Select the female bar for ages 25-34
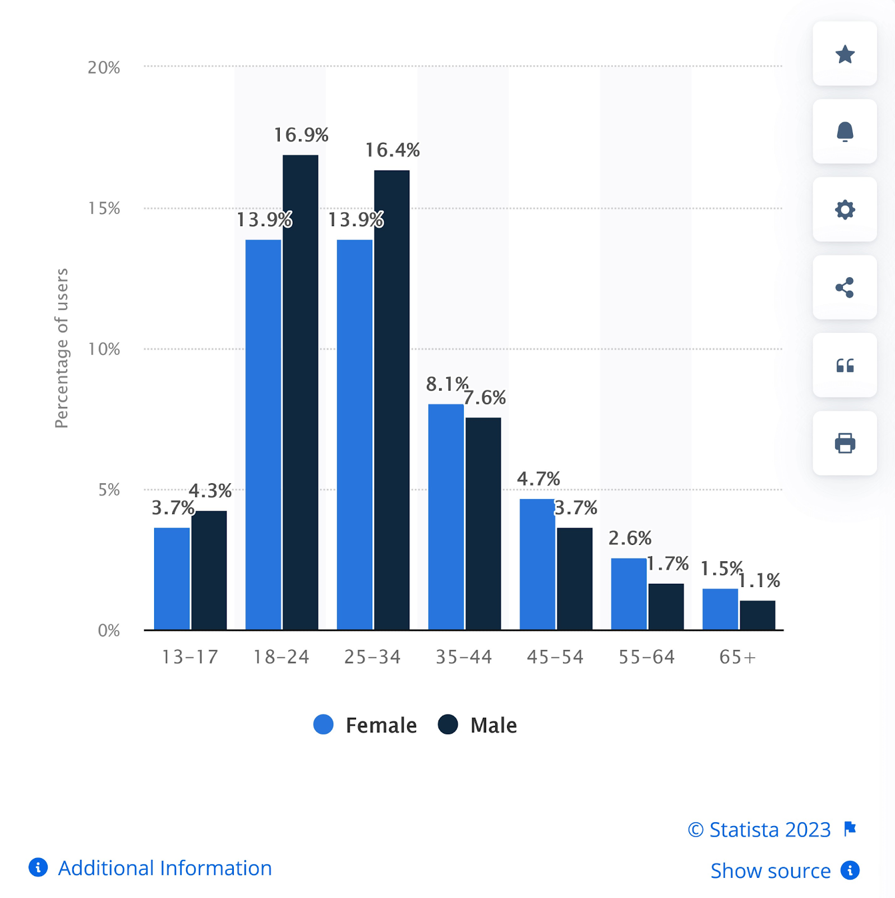tap(354, 434)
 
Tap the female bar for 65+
tap(720, 609)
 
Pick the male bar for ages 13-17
tap(209, 570)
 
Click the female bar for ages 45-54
tap(537, 564)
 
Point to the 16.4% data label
tap(393, 150)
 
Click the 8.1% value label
tap(447, 384)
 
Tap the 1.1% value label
tap(759, 580)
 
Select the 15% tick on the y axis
tap(104, 208)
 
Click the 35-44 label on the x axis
tap(464, 657)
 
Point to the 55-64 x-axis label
tap(647, 657)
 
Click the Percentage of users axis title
tap(62, 348)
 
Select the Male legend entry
tap(478, 725)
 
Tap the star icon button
tap(845, 54)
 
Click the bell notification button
tap(845, 132)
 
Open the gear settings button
tap(845, 210)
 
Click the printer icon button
tap(845, 443)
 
